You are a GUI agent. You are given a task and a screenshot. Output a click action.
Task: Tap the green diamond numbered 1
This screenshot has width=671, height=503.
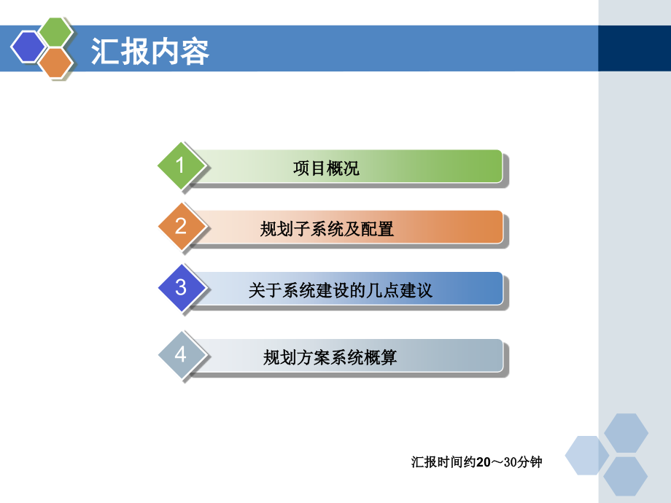181,166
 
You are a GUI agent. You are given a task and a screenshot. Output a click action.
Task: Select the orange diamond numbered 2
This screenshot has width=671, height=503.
181,227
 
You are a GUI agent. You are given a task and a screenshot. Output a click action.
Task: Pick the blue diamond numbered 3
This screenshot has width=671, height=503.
181,288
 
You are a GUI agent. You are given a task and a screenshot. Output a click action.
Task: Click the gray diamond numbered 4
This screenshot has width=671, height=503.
181,356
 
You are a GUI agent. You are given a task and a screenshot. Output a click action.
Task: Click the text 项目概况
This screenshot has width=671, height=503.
326,169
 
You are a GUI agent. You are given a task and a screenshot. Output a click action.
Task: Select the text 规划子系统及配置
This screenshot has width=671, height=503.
327,230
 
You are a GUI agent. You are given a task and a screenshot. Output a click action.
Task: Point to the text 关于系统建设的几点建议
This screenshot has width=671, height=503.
340,291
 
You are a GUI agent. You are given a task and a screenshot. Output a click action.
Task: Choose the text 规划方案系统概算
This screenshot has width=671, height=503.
330,358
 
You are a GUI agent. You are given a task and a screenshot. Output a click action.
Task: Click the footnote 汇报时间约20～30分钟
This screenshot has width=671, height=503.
476,462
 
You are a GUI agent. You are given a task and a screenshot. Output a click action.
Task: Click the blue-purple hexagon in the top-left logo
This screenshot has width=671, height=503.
28,48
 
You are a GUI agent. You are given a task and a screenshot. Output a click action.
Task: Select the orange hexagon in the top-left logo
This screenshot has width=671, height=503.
55,63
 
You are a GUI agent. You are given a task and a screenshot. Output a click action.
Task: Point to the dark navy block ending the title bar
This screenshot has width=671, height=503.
634,49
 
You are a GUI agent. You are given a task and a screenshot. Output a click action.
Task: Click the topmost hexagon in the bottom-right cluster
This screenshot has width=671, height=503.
626,432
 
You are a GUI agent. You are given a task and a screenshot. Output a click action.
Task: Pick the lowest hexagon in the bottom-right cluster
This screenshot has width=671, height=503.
626,475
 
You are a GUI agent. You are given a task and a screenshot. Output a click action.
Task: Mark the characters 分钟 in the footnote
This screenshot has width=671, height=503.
530,462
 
